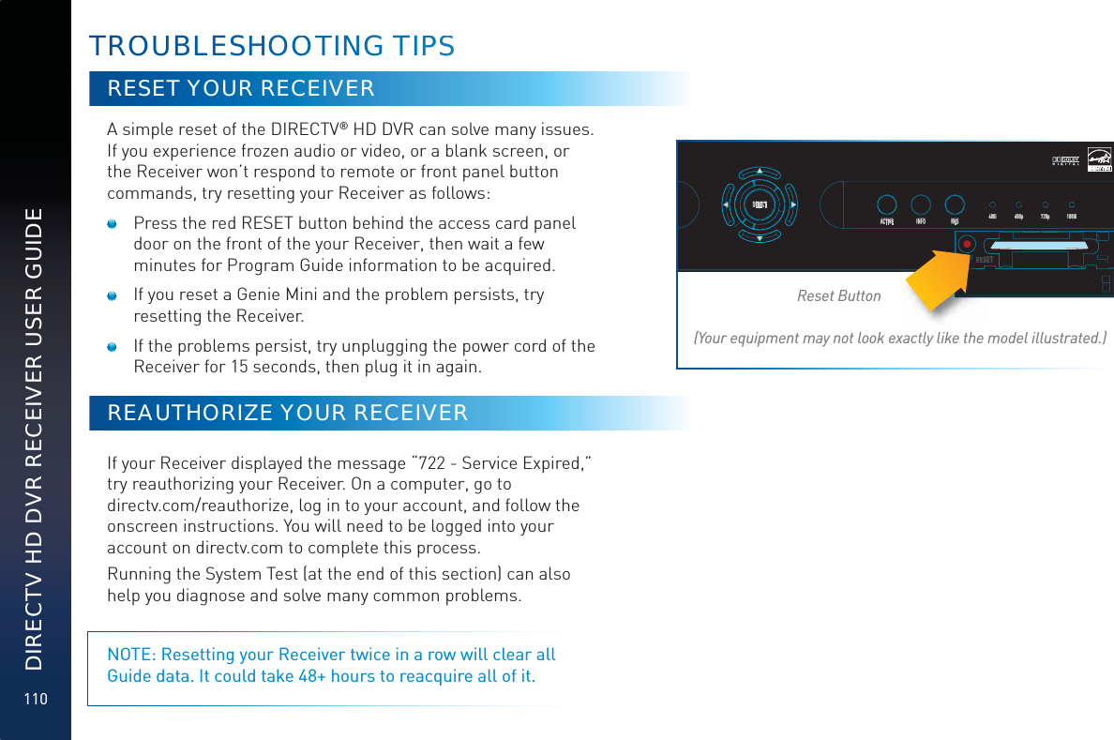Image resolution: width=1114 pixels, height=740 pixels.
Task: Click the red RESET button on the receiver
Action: click(x=965, y=242)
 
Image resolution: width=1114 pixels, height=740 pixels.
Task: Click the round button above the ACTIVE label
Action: click(x=886, y=204)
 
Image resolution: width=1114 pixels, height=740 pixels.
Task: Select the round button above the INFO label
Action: click(x=921, y=204)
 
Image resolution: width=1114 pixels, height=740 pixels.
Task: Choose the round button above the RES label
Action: click(x=955, y=204)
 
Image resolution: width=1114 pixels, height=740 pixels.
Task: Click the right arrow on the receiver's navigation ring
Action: click(x=794, y=204)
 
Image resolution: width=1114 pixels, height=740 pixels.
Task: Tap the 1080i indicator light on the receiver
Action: click(x=1072, y=204)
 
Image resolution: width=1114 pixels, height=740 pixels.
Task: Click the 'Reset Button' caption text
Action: click(x=838, y=296)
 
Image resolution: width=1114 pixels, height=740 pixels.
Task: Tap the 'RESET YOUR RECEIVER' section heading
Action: click(x=241, y=89)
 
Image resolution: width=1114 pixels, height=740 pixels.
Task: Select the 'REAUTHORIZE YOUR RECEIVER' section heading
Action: click(x=287, y=414)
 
